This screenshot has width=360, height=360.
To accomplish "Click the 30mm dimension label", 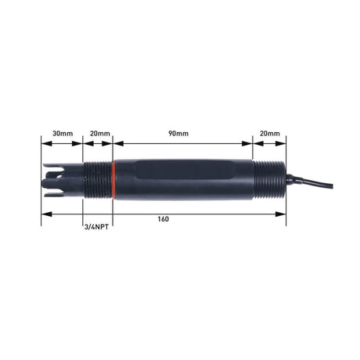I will (62, 134).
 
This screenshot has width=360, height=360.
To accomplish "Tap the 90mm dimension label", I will (178, 134).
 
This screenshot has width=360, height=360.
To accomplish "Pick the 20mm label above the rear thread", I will (268, 134).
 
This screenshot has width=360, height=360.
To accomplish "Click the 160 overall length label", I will (162, 218).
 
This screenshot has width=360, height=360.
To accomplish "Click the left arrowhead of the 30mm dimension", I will (45, 143).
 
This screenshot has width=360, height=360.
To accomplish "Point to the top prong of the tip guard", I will (56, 167).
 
